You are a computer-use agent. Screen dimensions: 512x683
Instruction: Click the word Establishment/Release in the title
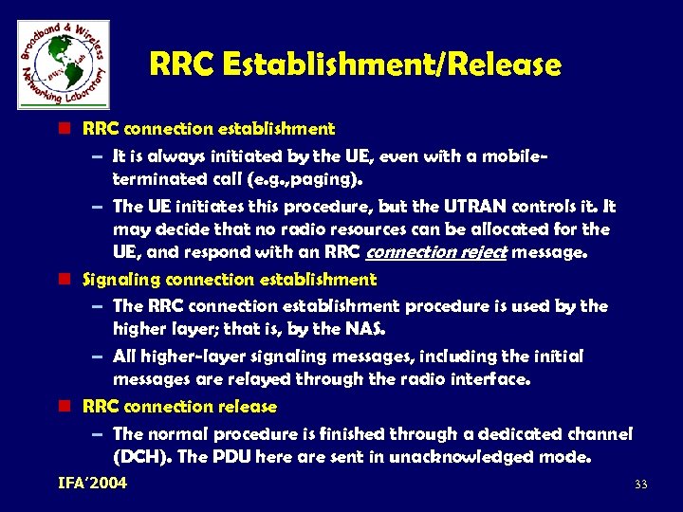(x=391, y=65)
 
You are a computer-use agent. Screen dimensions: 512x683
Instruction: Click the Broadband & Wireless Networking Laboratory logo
(x=63, y=63)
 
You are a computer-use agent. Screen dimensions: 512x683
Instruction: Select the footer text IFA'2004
(x=92, y=484)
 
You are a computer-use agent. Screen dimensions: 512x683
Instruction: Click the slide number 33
(x=640, y=485)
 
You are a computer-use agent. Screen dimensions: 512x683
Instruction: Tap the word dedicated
(x=512, y=433)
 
